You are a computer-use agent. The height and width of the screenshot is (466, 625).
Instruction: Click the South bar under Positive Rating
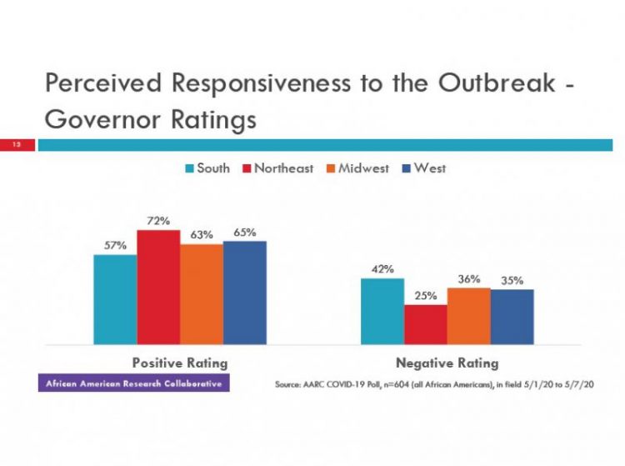pyautogui.click(x=115, y=299)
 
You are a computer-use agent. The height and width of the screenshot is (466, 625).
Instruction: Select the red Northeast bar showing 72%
pyautogui.click(x=158, y=287)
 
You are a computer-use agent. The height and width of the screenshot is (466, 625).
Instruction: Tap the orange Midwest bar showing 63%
pyautogui.click(x=202, y=294)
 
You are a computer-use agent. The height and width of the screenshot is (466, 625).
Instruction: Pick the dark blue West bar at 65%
pyautogui.click(x=245, y=293)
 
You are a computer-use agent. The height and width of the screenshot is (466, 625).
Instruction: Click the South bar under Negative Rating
pyautogui.click(x=382, y=311)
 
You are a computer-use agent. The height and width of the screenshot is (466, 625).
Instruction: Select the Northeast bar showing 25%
pyautogui.click(x=425, y=324)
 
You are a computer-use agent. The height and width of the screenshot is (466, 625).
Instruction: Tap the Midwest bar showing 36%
pyautogui.click(x=468, y=316)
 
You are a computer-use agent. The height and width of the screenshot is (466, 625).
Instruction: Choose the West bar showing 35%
pyautogui.click(x=512, y=317)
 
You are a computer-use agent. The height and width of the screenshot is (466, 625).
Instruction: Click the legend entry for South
pyautogui.click(x=207, y=168)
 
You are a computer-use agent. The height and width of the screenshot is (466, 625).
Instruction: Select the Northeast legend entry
pyautogui.click(x=277, y=168)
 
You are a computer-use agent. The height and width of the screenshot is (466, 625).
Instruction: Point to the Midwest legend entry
pyautogui.click(x=357, y=168)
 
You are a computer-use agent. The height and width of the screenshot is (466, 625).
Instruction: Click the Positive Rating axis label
pyautogui.click(x=180, y=363)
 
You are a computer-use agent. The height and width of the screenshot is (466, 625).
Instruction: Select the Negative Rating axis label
pyautogui.click(x=447, y=363)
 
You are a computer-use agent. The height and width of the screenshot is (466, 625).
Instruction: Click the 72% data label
pyautogui.click(x=159, y=221)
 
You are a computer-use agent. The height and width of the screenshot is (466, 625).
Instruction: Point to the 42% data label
pyautogui.click(x=382, y=268)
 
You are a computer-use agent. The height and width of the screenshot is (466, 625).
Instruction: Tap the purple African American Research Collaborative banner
pyautogui.click(x=133, y=383)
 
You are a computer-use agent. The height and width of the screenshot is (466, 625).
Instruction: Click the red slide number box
pyautogui.click(x=17, y=145)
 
